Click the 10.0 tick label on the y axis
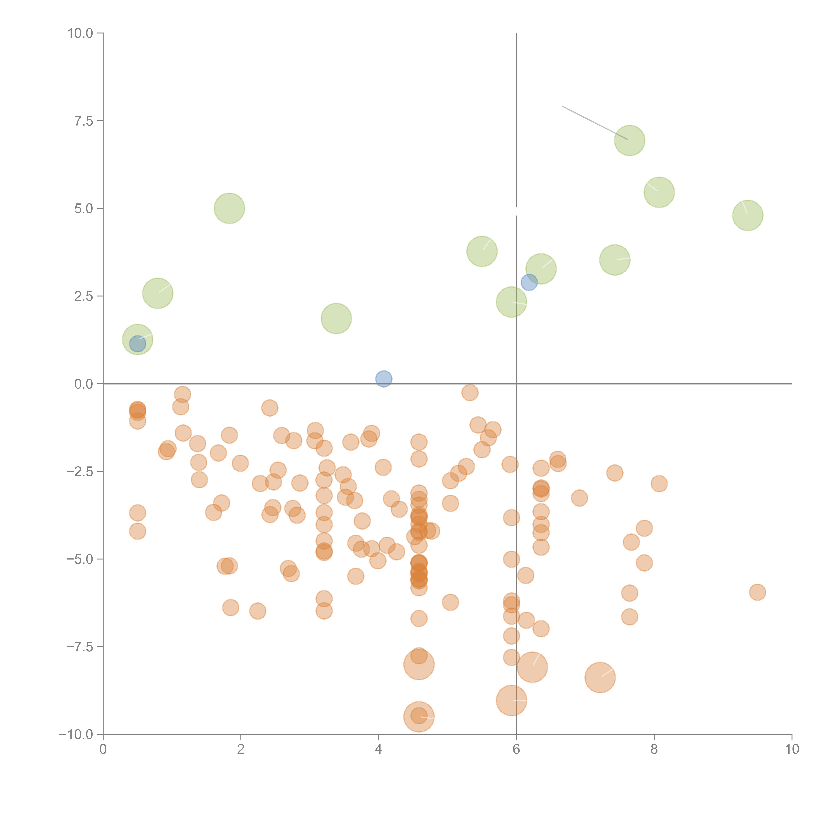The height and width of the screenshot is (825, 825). pyautogui.click(x=80, y=33)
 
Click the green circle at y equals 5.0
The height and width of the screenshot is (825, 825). pyautogui.click(x=229, y=208)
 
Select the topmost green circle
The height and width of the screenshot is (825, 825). pyautogui.click(x=629, y=140)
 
